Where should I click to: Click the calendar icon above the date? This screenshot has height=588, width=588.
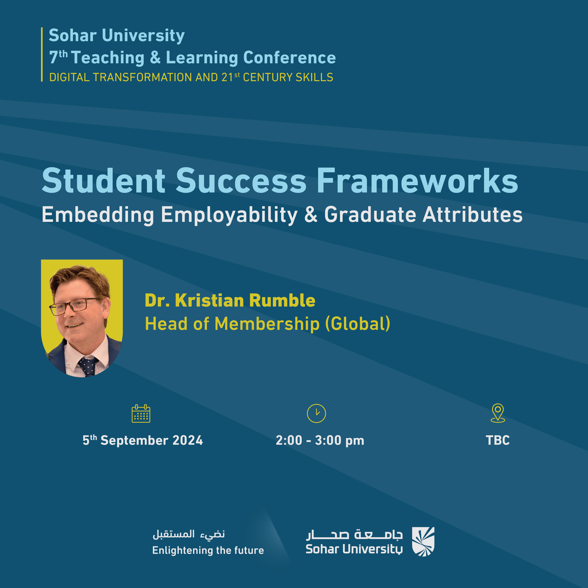pos(141,414)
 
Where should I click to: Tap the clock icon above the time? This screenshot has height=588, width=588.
pos(316,413)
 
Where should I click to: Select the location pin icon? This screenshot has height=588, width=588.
pos(498,413)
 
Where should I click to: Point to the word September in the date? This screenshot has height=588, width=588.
pos(134,441)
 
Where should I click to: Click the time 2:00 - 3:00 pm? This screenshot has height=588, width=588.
pos(320,440)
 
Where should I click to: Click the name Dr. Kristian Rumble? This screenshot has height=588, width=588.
pos(230,300)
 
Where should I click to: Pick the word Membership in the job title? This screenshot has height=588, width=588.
pos(267,324)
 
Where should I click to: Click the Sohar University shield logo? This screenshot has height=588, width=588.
pos(423,542)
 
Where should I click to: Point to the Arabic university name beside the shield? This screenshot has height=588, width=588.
pos(354,534)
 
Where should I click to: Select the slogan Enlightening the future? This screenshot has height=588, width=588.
pos(208,550)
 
